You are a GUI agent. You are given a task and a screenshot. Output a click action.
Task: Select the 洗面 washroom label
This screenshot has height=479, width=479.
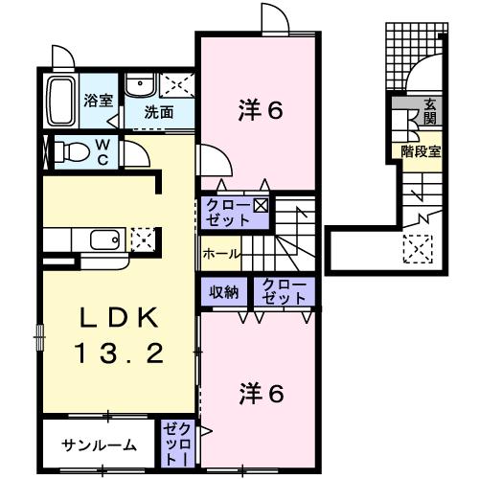[158, 111]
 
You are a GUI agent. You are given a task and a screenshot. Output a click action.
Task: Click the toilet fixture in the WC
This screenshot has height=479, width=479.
[72, 151]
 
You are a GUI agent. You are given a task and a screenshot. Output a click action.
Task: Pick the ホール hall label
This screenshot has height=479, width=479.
[220, 255]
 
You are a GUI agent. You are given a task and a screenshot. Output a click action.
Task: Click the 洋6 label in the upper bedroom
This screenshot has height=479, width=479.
[260, 110]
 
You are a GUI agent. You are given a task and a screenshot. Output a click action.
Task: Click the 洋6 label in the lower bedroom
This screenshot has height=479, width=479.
[260, 393]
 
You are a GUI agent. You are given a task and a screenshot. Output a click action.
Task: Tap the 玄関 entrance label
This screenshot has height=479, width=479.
[430, 111]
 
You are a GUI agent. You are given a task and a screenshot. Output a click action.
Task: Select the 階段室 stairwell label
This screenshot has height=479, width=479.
[421, 150]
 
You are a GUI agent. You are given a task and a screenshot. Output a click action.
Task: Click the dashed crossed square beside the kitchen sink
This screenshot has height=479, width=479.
[141, 237]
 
